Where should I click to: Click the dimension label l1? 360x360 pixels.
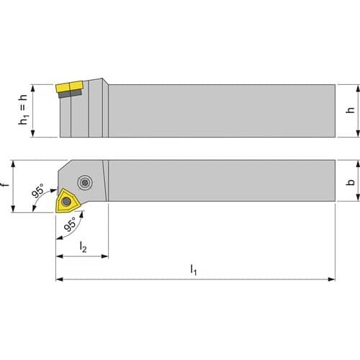[194, 269]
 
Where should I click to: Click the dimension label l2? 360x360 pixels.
[83, 247]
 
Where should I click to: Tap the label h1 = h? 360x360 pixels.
[23, 109]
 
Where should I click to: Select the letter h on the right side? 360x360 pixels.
[351, 109]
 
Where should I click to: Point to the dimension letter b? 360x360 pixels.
[351, 182]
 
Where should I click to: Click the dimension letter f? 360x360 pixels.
[5, 184]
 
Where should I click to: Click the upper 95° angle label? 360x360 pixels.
[38, 191]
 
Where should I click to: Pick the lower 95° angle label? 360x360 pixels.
[71, 224]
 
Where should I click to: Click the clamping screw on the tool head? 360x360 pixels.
[85, 183]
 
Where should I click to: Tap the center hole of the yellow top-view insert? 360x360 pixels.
[66, 202]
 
